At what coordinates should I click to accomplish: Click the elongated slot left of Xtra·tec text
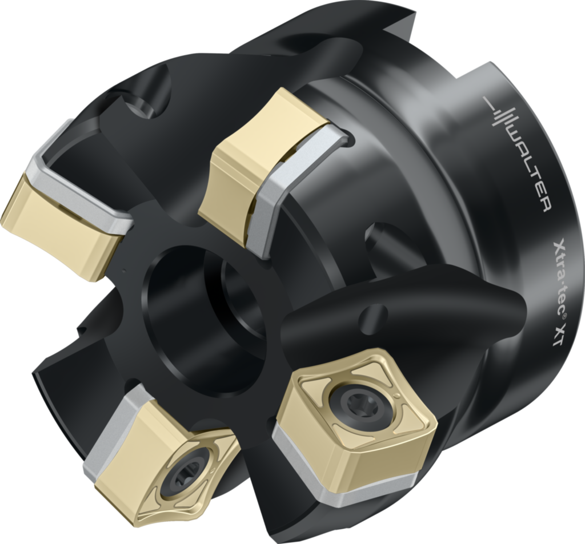point(383,240)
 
